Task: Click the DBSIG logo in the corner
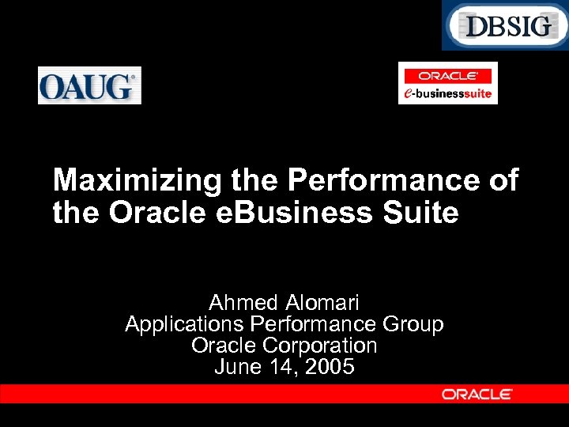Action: tap(505, 25)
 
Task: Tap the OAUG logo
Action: tap(89, 85)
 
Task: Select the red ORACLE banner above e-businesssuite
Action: tap(447, 76)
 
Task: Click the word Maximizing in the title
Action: tap(138, 181)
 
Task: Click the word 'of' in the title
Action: tap(503, 181)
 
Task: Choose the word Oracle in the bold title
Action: tap(159, 213)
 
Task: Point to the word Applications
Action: tap(184, 324)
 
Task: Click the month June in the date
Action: tap(237, 367)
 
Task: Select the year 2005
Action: tap(330, 367)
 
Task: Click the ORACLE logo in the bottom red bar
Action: tap(477, 394)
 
